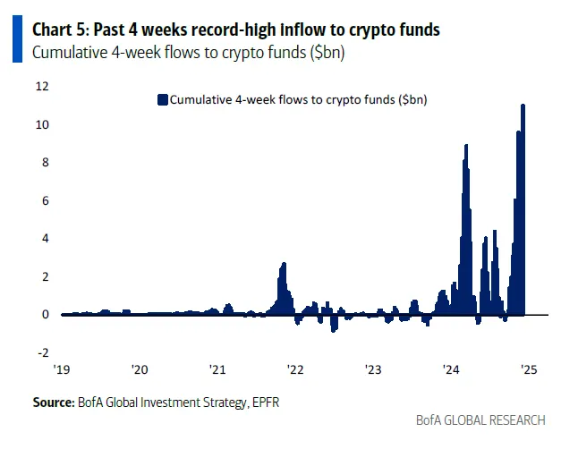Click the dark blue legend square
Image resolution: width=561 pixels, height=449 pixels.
coord(162,99)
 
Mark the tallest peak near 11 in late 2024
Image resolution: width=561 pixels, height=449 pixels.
coord(523,106)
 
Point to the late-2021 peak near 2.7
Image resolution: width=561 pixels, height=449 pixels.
coord(284,264)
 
